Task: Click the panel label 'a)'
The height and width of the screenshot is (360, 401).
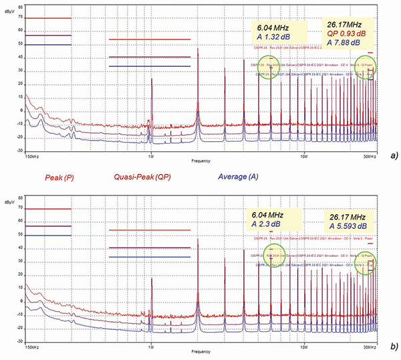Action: click(394, 155)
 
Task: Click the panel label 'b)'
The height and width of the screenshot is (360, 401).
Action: click(393, 347)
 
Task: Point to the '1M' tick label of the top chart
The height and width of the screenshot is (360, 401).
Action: click(151, 157)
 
